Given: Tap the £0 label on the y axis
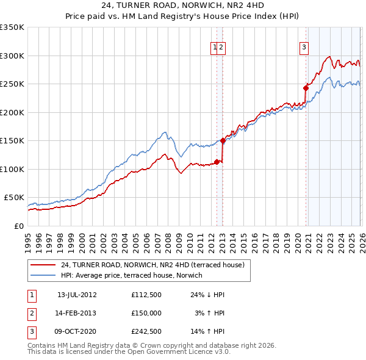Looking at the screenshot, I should pos(18,226).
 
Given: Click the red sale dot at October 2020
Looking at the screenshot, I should pos(306,88).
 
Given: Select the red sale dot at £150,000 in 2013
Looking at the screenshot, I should pos(223,140).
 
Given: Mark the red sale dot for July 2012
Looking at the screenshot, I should pos(217,162).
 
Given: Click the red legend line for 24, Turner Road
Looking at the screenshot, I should pos(43,265).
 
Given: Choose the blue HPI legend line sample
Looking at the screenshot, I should pos(43,275).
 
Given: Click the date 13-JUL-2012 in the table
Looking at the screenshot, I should pos(77,295).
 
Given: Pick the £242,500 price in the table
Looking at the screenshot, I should pos(146,333).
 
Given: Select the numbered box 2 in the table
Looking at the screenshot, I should pos(32,314).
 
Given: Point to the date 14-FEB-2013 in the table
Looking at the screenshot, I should pos(77,314).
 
